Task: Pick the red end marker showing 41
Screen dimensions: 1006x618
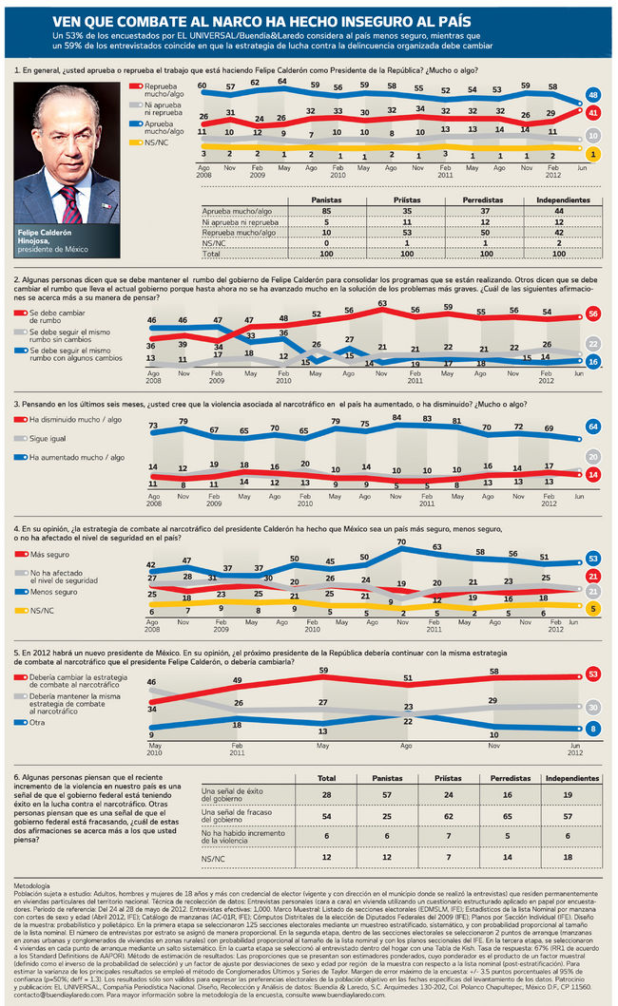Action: click(592, 112)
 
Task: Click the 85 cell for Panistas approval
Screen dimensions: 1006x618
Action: click(326, 210)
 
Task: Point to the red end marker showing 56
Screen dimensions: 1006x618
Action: click(592, 314)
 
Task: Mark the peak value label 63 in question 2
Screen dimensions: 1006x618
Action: click(381, 303)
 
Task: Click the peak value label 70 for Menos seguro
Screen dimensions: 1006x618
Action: click(401, 542)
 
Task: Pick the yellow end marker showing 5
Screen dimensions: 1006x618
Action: click(592, 608)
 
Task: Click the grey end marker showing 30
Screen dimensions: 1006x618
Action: click(592, 707)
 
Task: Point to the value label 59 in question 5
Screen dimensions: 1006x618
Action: click(323, 671)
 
